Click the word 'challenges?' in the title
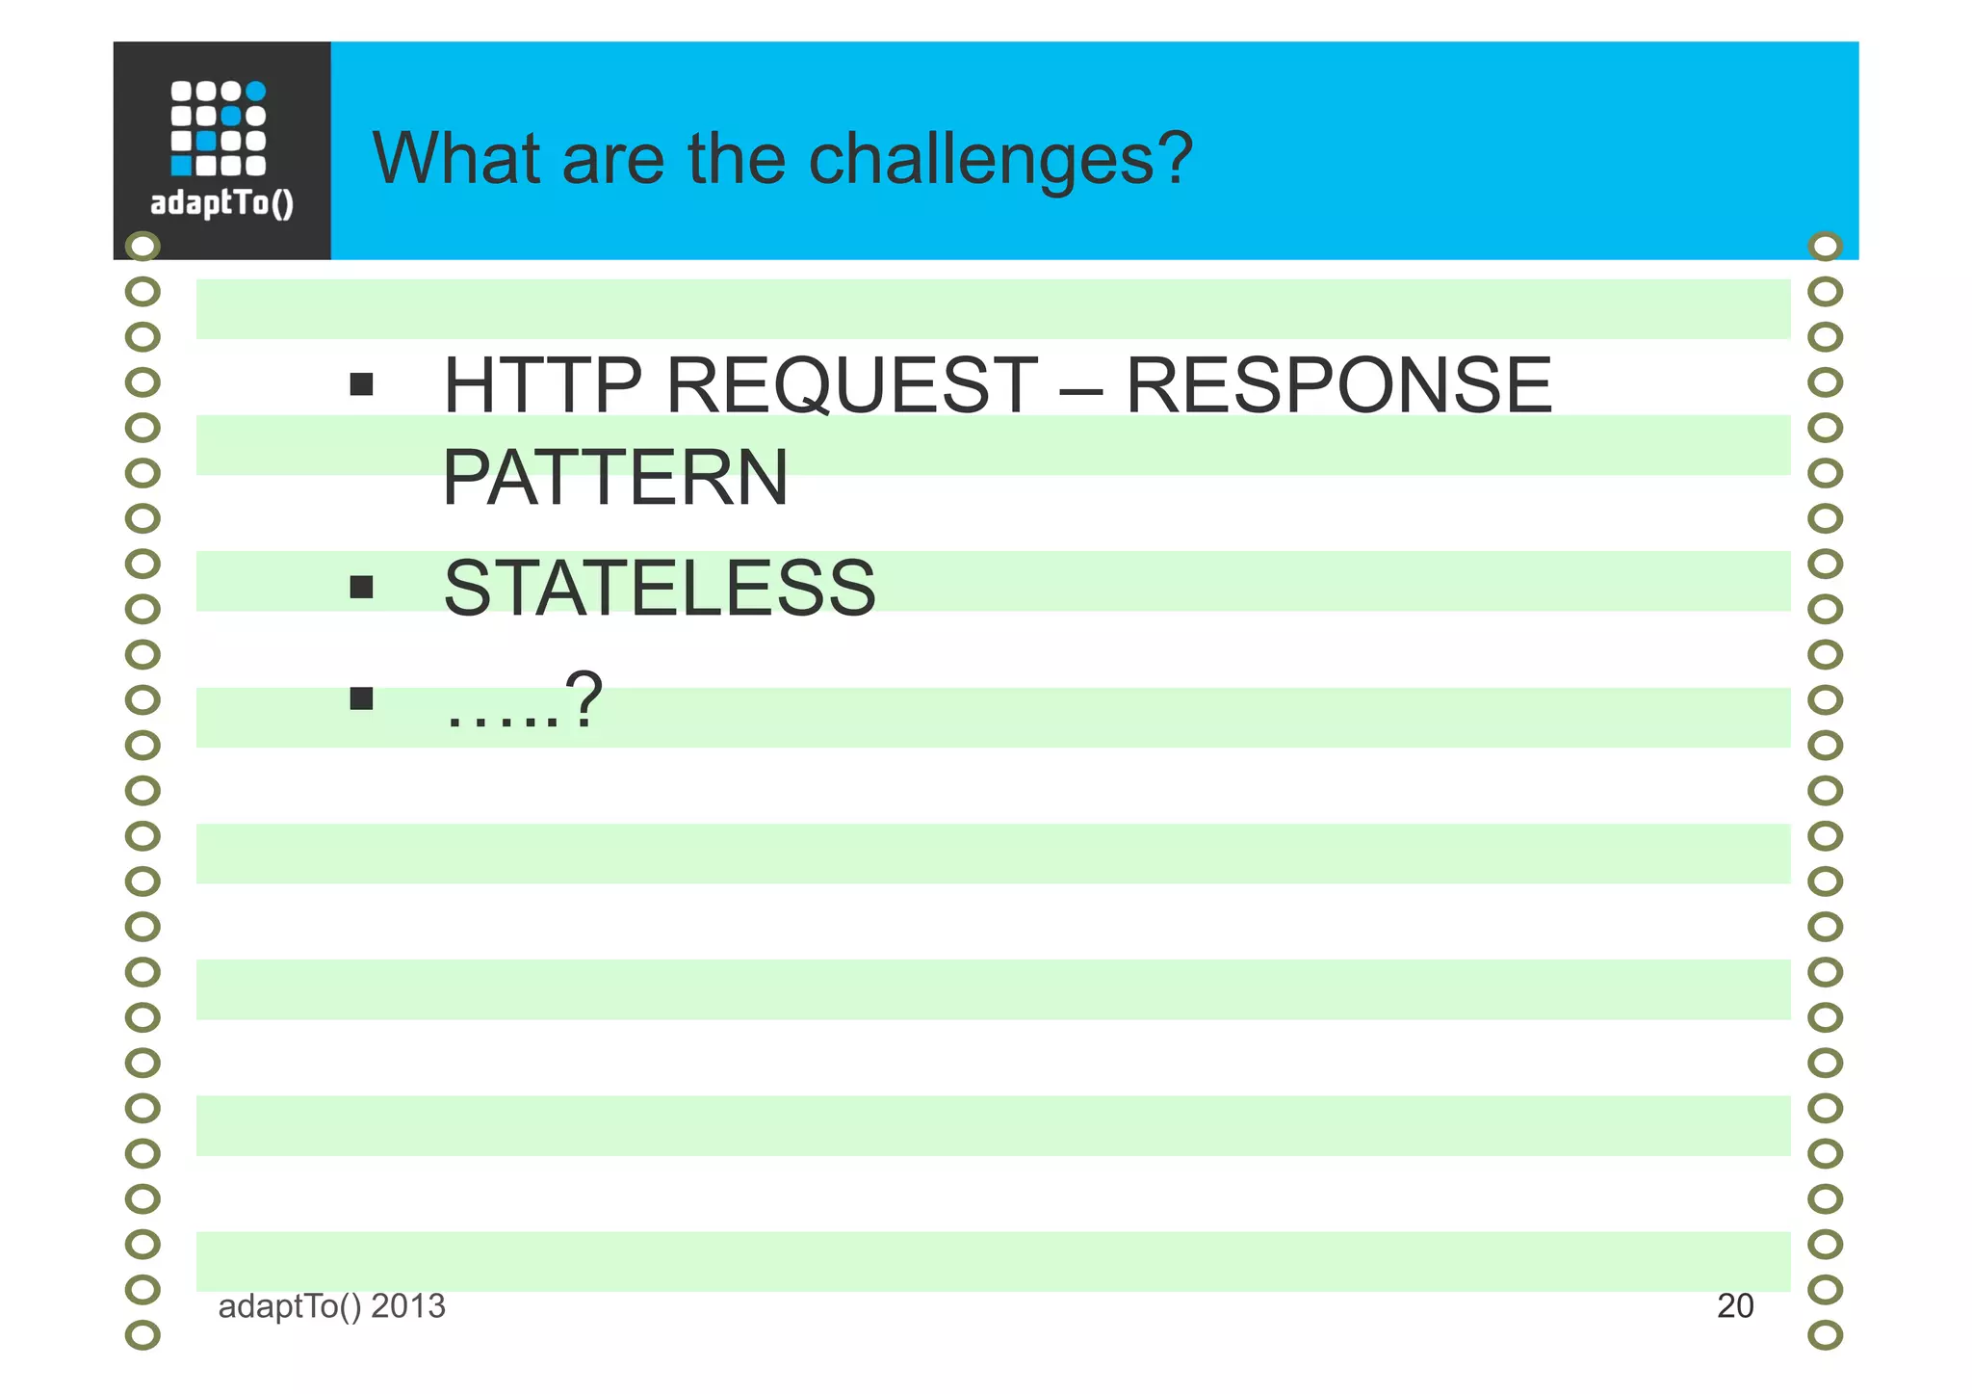coord(1000,159)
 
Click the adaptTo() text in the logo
coord(222,203)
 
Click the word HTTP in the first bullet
coord(542,385)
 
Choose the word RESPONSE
coord(1338,385)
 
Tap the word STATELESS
coord(660,588)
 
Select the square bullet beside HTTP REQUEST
coord(361,385)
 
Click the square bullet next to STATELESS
coord(361,587)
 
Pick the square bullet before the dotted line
coord(361,697)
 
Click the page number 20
coord(1735,1306)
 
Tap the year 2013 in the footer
coord(408,1306)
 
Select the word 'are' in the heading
coord(613,161)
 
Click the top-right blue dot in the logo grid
coord(255,92)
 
